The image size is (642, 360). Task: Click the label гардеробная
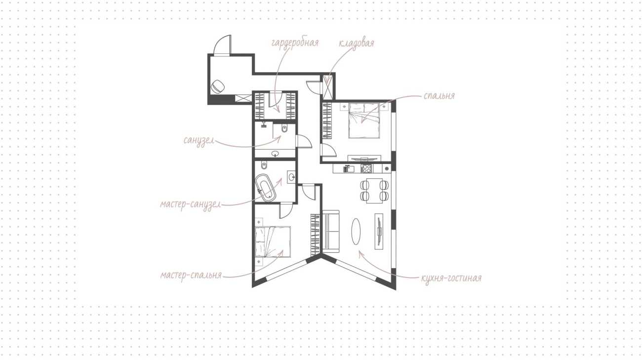click(295, 43)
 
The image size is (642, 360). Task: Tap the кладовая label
click(356, 43)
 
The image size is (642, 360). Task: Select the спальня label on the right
click(439, 95)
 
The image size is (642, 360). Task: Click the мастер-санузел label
click(191, 204)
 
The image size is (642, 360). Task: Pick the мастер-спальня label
click(191, 276)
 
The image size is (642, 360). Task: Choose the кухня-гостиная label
click(451, 279)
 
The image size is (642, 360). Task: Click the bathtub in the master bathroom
click(266, 188)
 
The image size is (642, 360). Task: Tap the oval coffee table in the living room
click(356, 232)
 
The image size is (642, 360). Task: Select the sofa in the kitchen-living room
click(331, 232)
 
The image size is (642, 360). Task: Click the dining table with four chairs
click(374, 191)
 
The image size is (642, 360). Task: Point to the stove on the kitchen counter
click(366, 168)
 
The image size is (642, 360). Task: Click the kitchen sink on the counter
click(349, 168)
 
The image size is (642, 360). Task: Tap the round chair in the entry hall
click(218, 86)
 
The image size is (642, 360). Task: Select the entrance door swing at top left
click(223, 44)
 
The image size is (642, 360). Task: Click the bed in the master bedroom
click(273, 241)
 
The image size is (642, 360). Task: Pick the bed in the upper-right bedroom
click(364, 121)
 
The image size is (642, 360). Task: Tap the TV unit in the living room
click(379, 231)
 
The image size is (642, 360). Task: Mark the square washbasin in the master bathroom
click(291, 177)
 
